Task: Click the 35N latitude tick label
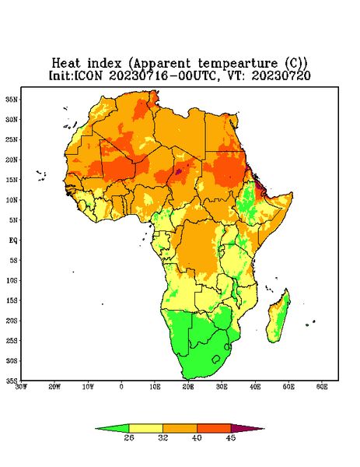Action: click(x=12, y=99)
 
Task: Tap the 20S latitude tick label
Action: click(x=12, y=321)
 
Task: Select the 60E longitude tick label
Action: click(x=322, y=387)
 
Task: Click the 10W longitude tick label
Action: click(x=88, y=387)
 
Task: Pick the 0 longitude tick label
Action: click(x=121, y=387)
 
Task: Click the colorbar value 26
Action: click(x=129, y=437)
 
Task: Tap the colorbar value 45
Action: click(x=231, y=437)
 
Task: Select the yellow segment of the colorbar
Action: click(x=145, y=428)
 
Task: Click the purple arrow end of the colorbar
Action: click(x=246, y=428)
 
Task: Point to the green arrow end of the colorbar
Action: click(x=113, y=428)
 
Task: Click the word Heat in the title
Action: click(x=66, y=64)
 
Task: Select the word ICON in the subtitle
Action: click(x=88, y=75)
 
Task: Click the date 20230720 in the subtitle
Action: click(x=281, y=75)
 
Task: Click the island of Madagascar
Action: click(x=278, y=318)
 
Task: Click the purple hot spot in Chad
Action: click(x=179, y=171)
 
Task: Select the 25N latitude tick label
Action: click(x=12, y=139)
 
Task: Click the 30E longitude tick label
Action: click(x=222, y=387)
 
